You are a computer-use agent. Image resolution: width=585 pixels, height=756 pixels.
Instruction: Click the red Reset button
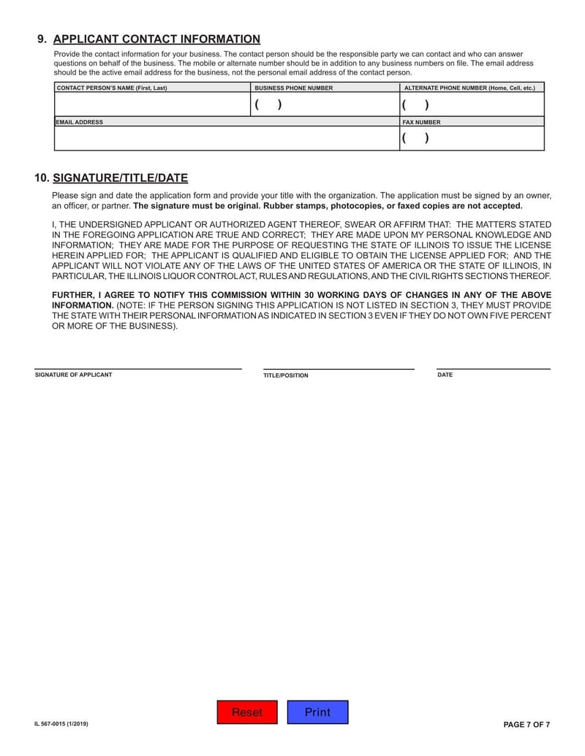point(247,712)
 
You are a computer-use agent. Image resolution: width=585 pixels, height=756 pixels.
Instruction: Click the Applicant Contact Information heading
point(156,39)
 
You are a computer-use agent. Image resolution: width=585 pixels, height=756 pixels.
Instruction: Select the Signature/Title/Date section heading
point(121,177)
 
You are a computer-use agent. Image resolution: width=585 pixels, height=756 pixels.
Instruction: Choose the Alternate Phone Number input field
point(472,104)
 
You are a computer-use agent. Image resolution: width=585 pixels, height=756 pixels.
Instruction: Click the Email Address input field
point(227,138)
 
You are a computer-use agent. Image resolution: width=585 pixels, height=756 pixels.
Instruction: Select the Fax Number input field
point(472,138)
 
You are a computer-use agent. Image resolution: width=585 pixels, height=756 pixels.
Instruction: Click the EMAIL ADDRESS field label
point(80,122)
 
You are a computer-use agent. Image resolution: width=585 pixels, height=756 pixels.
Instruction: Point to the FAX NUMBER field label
point(422,122)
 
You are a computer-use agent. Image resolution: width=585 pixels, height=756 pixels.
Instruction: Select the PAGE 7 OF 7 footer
point(526,724)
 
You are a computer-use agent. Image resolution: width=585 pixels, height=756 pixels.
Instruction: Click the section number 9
point(42,39)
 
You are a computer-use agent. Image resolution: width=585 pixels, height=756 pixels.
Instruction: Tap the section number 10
point(42,177)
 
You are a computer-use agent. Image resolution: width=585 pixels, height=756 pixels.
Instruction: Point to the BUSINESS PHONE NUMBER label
point(293,88)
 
